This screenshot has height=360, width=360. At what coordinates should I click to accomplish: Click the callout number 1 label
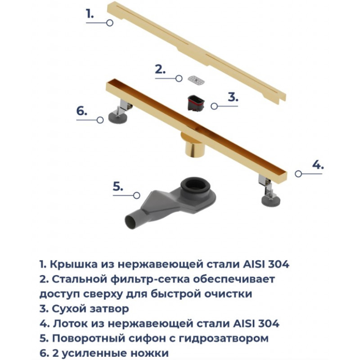[x=90, y=14]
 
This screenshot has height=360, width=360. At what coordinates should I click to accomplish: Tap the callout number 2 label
[x=160, y=69]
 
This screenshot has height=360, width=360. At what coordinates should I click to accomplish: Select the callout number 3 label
[x=233, y=97]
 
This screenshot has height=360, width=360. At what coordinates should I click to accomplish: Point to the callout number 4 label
[x=318, y=165]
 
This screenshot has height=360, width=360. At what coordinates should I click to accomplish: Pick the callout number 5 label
[x=118, y=186]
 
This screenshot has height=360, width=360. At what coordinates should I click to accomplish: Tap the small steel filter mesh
[x=196, y=80]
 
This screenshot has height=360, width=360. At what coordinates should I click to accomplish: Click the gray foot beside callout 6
[x=117, y=117]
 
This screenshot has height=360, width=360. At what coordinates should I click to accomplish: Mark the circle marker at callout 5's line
[x=137, y=195]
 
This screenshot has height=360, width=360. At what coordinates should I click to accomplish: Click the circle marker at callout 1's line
[x=110, y=23]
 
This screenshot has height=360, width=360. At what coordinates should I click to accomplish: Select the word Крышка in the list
[x=73, y=265]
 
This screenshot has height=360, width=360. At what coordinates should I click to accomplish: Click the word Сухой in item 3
[x=69, y=309]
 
